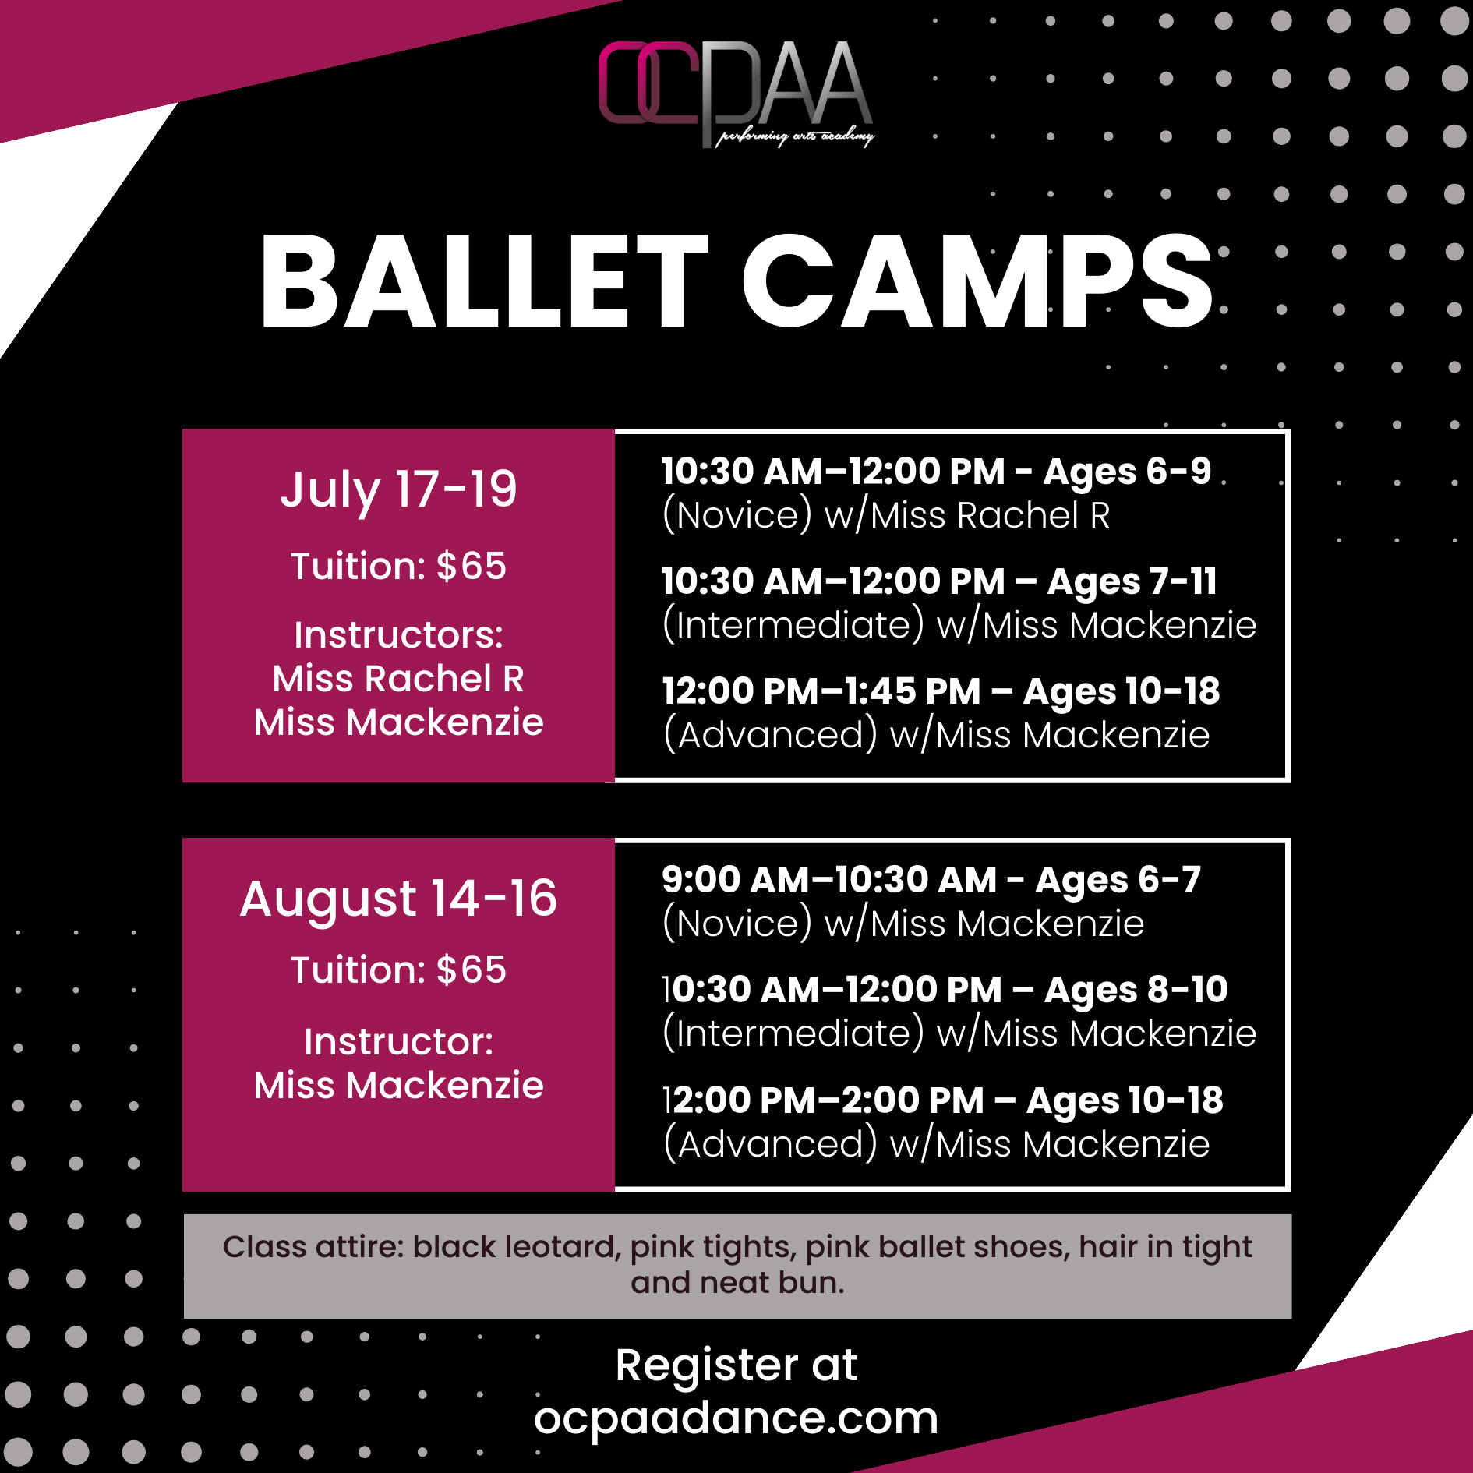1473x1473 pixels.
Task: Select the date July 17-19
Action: [398, 490]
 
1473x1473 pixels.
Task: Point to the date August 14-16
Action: [398, 899]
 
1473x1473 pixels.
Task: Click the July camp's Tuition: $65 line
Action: [398, 566]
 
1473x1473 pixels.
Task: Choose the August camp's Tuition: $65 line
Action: [398, 970]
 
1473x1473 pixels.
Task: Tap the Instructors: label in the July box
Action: [398, 635]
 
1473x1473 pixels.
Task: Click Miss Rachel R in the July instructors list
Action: [398, 679]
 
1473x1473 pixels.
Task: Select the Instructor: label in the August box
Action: [398, 1042]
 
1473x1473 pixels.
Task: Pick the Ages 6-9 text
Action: [1127, 472]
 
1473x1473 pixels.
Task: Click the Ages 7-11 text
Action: [1132, 582]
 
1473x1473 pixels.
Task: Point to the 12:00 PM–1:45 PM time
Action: [821, 691]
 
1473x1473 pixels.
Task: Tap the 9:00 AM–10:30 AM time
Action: [829, 880]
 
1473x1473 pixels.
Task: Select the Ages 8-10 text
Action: [1136, 991]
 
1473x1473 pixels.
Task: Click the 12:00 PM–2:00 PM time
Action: [823, 1100]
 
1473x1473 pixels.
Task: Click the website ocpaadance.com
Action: [736, 1418]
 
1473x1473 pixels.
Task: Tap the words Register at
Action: [736, 1366]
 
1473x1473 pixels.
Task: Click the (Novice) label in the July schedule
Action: [737, 516]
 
